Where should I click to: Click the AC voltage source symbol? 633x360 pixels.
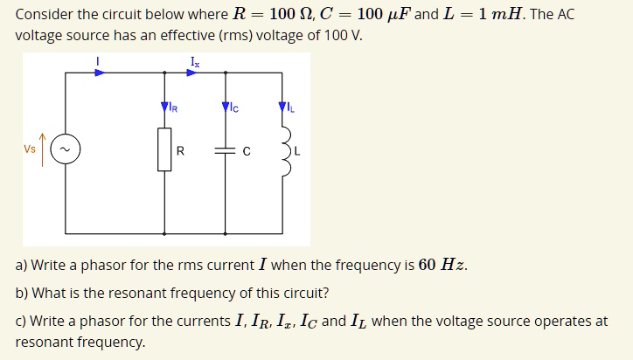tap(66, 150)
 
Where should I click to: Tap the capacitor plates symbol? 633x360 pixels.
tap(226, 151)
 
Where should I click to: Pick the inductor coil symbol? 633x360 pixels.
tap(285, 150)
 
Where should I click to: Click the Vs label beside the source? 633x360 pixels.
tap(30, 149)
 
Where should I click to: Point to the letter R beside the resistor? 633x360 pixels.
tap(180, 151)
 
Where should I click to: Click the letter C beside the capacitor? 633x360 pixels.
tap(247, 151)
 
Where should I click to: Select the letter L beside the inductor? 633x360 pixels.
tap(297, 151)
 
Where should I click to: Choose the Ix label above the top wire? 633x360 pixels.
tap(193, 60)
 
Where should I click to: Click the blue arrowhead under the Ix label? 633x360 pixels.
tap(191, 73)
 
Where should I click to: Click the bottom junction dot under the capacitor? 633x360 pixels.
tap(226, 233)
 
